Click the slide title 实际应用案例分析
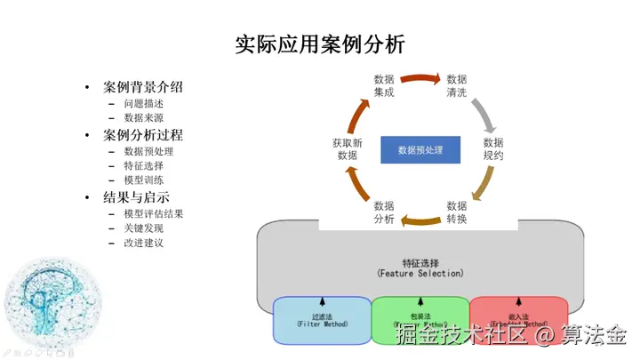point(320,44)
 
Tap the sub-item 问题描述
point(143,103)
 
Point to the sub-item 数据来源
point(143,117)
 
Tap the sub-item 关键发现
point(143,228)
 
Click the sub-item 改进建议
point(143,243)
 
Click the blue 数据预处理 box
point(420,149)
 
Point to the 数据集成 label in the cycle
point(384,85)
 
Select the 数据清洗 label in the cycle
point(456,85)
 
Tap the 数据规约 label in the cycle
point(493,148)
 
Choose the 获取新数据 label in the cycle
point(348,148)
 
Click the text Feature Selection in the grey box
point(420,273)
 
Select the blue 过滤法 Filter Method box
point(322,321)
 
